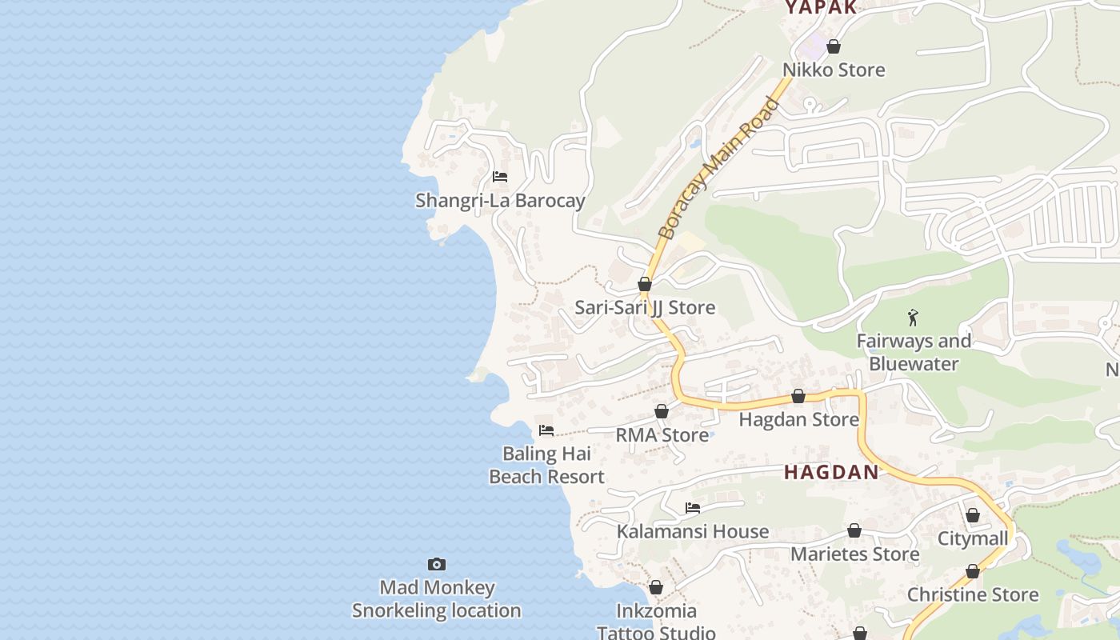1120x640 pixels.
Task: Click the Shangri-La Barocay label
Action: click(500, 201)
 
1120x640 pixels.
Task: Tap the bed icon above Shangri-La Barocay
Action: click(500, 177)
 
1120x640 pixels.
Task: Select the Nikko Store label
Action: click(834, 70)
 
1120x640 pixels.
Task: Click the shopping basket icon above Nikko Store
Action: click(834, 47)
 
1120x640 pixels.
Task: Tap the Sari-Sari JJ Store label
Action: click(645, 308)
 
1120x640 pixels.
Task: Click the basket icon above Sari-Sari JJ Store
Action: click(645, 284)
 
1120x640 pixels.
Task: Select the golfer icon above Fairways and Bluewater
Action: click(913, 318)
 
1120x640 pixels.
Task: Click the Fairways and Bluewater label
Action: click(914, 353)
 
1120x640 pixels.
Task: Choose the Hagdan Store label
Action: click(798, 420)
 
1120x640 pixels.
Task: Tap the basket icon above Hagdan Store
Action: click(798, 396)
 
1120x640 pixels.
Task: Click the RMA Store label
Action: click(662, 435)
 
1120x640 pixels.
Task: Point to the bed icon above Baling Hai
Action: click(546, 430)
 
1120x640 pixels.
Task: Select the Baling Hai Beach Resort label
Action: click(546, 466)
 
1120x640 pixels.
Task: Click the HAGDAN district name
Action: click(831, 473)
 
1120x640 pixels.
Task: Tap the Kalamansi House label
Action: click(693, 532)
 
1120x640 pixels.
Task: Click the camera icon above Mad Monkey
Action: click(436, 564)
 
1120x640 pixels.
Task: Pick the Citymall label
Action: click(973, 539)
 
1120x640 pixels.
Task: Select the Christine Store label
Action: click(973, 595)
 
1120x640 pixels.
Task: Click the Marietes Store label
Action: click(854, 554)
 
